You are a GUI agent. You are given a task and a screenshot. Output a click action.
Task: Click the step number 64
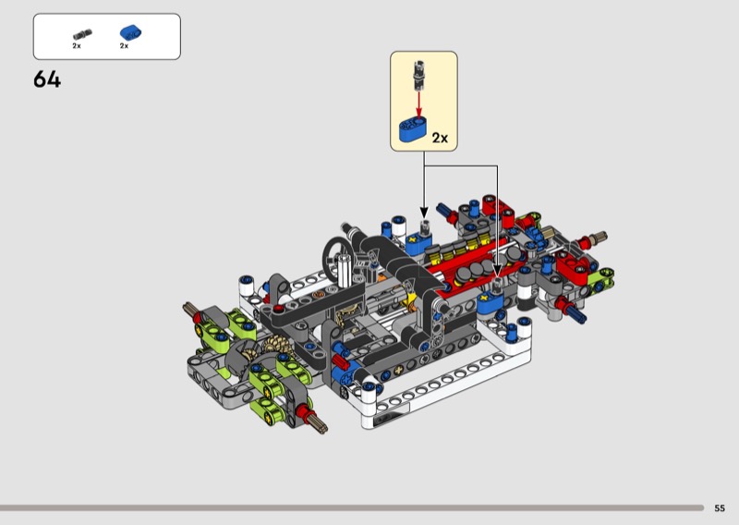tap(47, 79)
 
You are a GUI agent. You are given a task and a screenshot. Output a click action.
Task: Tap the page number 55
tap(720, 508)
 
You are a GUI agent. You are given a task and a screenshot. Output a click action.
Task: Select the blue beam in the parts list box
tap(130, 32)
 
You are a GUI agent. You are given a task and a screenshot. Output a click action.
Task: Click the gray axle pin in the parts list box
tap(82, 34)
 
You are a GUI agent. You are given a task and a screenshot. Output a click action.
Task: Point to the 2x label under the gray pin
tap(77, 46)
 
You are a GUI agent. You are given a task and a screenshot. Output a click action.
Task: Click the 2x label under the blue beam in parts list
tap(124, 46)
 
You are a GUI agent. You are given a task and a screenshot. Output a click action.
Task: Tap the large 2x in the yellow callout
tap(440, 138)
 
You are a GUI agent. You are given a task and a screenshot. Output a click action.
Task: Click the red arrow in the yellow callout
tap(418, 104)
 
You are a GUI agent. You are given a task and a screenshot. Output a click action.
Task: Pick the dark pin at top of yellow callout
tap(419, 75)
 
